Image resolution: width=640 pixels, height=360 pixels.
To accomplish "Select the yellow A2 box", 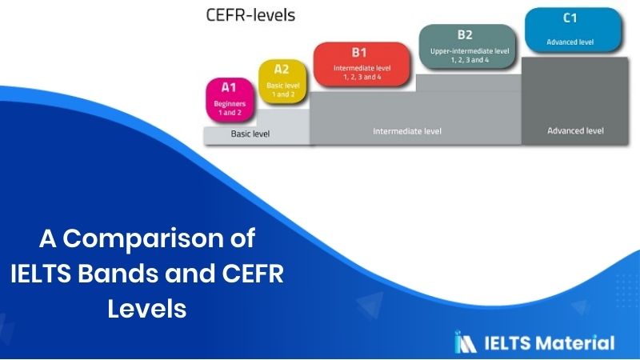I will click(282, 82).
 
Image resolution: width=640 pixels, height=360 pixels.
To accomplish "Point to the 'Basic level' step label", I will click(250, 134).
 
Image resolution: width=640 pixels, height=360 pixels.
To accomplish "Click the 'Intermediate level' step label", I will click(407, 130).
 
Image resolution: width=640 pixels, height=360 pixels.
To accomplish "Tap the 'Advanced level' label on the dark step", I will click(575, 130).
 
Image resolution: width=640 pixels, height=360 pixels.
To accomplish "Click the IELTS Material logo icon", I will click(466, 342).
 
